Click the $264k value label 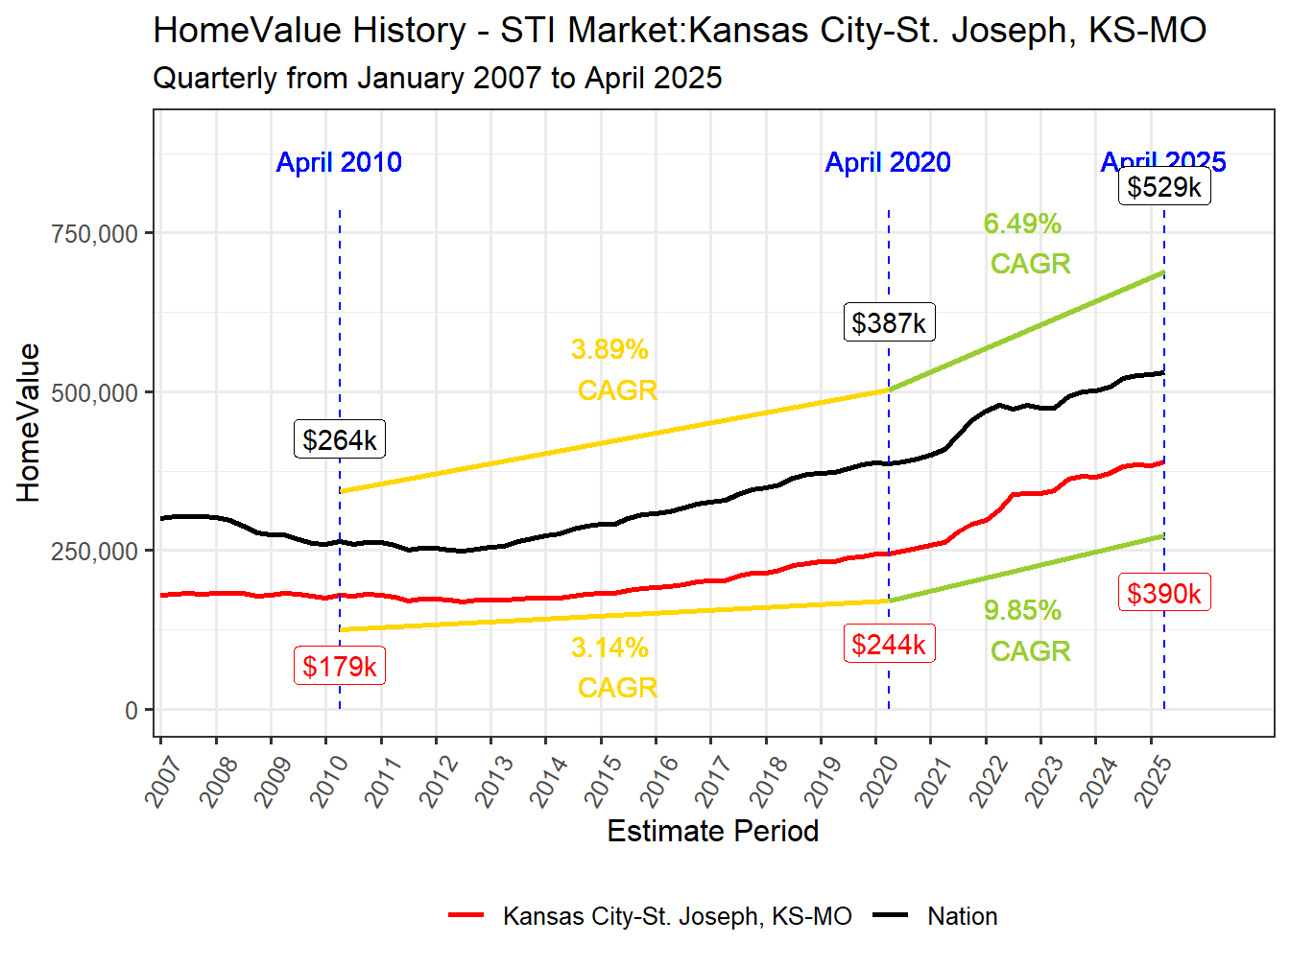(x=340, y=439)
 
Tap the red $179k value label (x=340, y=666)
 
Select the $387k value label (x=889, y=322)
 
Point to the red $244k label (x=889, y=644)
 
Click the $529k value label (x=1164, y=186)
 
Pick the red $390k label (x=1164, y=593)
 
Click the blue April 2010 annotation (x=339, y=162)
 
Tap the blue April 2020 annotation (x=888, y=162)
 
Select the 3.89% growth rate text (x=609, y=349)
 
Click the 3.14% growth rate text (x=609, y=649)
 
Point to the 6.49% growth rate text (x=1022, y=224)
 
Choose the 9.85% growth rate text (x=1022, y=610)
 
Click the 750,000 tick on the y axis (x=94, y=233)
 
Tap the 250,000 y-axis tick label (x=94, y=552)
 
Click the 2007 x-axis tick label (x=165, y=780)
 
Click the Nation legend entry (x=962, y=916)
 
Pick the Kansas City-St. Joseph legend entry (x=677, y=916)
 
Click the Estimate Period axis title (x=712, y=831)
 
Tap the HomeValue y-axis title (x=29, y=423)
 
